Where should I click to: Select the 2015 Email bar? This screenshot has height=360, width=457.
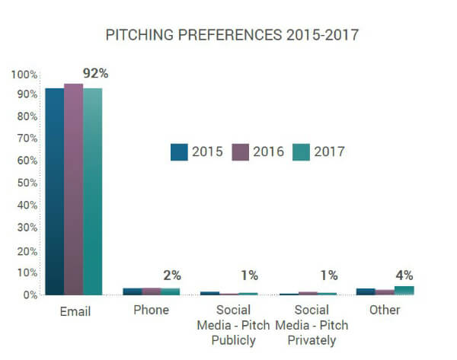point(54,190)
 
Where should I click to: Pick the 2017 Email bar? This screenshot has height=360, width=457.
point(92,190)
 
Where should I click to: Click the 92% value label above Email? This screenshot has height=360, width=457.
point(96,74)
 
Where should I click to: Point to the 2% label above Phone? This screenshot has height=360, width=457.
point(171,275)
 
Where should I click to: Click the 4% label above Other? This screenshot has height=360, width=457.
point(404,275)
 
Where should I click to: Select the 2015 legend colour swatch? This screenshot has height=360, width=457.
point(180,151)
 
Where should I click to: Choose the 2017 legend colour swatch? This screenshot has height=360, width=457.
point(302,151)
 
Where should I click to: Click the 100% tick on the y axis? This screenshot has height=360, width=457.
point(24,75)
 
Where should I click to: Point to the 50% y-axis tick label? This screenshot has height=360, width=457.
point(25,183)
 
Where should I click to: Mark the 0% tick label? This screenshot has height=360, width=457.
point(28,295)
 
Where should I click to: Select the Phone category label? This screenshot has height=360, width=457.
point(151,311)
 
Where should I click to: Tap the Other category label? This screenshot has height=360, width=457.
point(385,311)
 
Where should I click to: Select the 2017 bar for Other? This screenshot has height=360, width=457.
point(404,290)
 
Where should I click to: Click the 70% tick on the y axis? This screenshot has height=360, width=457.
point(25,139)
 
